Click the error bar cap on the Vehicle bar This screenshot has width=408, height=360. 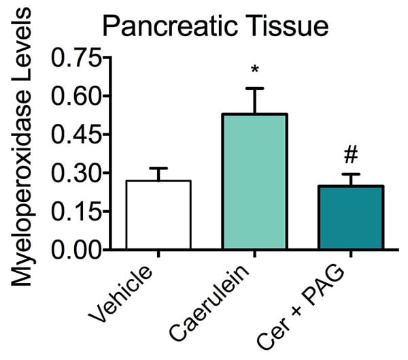158,168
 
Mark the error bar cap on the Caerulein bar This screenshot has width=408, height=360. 256,88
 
